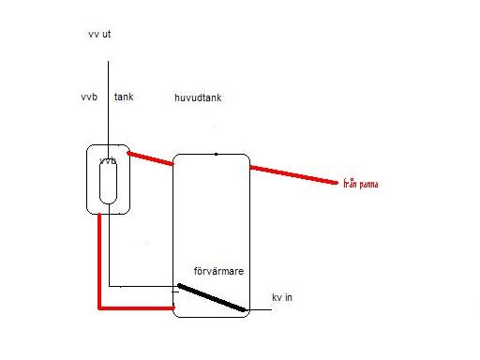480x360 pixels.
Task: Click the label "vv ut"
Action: point(99,34)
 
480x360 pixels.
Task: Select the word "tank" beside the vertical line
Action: point(124,97)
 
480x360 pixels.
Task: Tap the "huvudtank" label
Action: point(198,97)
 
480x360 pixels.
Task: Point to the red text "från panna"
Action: point(361,184)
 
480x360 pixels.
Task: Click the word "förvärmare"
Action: point(218,271)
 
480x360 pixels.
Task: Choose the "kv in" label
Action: point(282,297)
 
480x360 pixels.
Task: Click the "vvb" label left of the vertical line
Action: point(89,97)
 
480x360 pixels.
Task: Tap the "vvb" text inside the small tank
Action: point(108,161)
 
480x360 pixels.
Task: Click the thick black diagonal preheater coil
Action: point(212,297)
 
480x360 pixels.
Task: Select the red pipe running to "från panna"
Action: point(293,175)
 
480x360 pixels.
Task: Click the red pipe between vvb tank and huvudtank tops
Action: point(150,158)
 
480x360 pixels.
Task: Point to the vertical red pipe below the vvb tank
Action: point(99,261)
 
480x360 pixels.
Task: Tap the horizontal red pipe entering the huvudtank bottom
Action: point(137,308)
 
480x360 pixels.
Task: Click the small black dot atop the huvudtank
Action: point(216,154)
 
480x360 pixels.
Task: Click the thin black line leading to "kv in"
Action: point(260,310)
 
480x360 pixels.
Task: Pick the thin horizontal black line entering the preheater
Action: point(143,286)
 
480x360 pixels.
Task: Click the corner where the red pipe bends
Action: point(99,308)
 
